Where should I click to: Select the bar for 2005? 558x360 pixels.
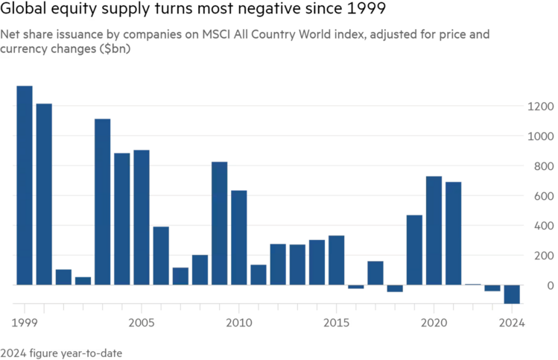(x=142, y=217)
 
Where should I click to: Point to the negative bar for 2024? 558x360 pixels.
(x=512, y=294)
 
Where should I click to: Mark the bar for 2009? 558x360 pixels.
(x=220, y=223)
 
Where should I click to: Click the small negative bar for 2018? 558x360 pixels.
(x=395, y=288)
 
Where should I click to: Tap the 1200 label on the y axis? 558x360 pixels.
(x=539, y=107)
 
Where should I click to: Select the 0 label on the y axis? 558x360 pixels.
(x=550, y=285)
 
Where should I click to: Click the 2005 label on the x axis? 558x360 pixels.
(x=142, y=323)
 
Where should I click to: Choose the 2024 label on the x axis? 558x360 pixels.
(x=511, y=323)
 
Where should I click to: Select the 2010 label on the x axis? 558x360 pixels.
(x=239, y=323)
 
